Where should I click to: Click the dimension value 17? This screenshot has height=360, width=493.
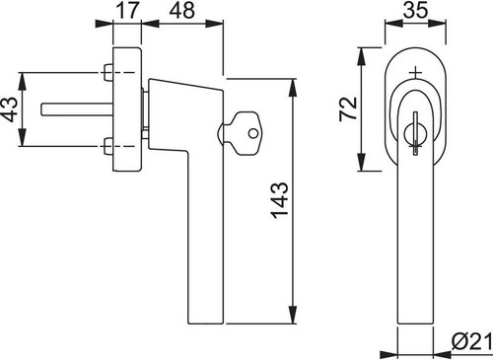[127, 10]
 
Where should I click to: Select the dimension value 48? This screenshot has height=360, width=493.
[181, 10]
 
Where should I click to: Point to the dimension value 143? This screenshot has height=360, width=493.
[280, 200]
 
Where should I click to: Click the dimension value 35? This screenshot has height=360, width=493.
[416, 10]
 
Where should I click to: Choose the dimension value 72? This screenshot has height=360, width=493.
[348, 108]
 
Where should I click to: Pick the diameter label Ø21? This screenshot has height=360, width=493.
[472, 342]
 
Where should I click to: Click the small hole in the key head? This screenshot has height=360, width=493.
[253, 133]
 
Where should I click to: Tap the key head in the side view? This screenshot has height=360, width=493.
[247, 133]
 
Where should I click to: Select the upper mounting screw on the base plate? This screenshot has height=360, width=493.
[107, 72]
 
